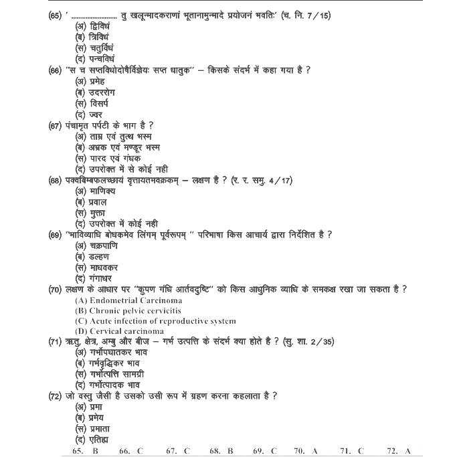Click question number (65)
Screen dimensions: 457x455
point(56,15)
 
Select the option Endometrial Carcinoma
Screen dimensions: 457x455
point(128,300)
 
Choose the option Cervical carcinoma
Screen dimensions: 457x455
point(119,331)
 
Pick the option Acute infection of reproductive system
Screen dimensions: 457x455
point(155,321)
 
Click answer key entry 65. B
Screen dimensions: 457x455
point(85,450)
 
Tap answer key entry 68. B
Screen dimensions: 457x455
point(221,450)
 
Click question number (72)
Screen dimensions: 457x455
point(56,395)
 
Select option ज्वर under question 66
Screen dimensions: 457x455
point(89,114)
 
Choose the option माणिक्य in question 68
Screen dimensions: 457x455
point(94,191)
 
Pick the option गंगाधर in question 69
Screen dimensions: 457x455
point(93,278)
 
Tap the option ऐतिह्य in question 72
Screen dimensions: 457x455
point(92,438)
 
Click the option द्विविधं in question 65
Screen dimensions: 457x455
point(92,26)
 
